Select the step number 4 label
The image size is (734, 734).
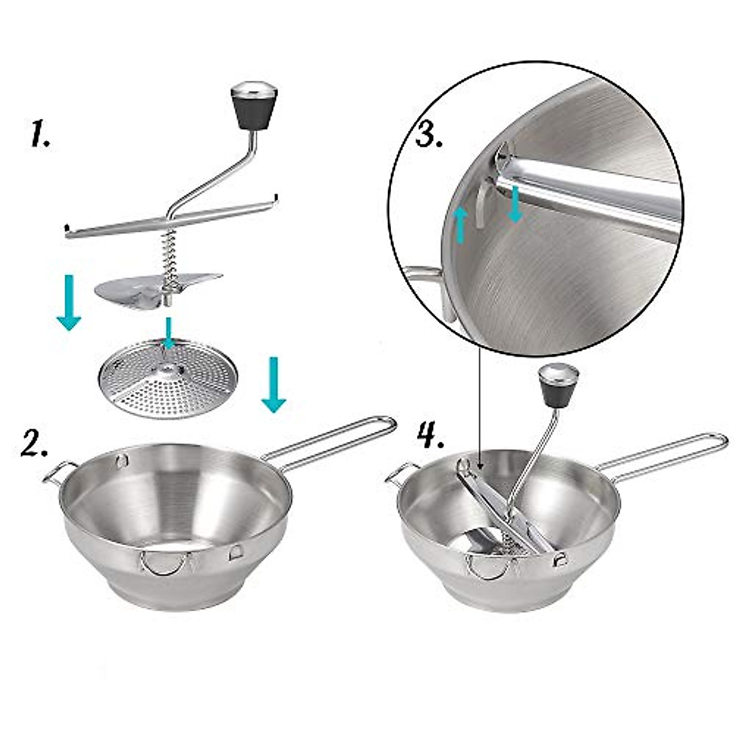click(431, 436)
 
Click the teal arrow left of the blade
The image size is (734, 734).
click(69, 302)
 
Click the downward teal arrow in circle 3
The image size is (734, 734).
click(516, 204)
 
